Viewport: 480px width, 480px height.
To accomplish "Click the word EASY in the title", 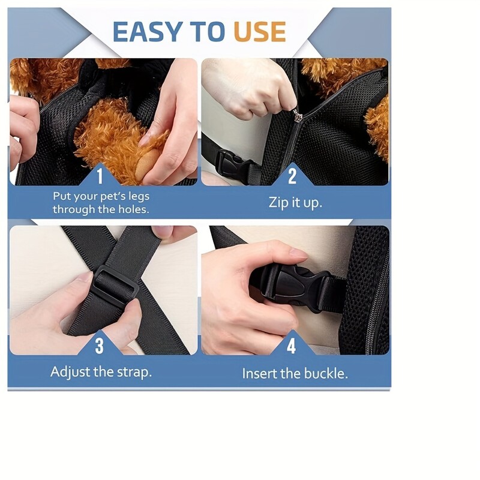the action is pos(148,32).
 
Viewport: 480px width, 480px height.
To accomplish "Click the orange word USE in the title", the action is pos(260,32).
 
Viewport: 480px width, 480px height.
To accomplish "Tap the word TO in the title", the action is pos(208,32).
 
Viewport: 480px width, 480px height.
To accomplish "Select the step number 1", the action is pos(100,176).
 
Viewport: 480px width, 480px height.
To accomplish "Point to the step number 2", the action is pos(292,176).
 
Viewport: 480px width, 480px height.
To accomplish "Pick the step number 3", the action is pos(100,346).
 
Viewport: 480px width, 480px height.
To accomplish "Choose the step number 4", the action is pos(291,346).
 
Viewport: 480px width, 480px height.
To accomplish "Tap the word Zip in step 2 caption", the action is pos(277,203).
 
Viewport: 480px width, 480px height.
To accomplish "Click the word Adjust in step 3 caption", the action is pos(70,373).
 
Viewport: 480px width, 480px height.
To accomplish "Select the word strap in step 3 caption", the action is pos(135,373).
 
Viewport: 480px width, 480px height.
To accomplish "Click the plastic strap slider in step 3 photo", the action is pos(115,284).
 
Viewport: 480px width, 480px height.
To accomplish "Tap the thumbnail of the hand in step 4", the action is pos(298,253).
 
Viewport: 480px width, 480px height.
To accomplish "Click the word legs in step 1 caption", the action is pos(139,197).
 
